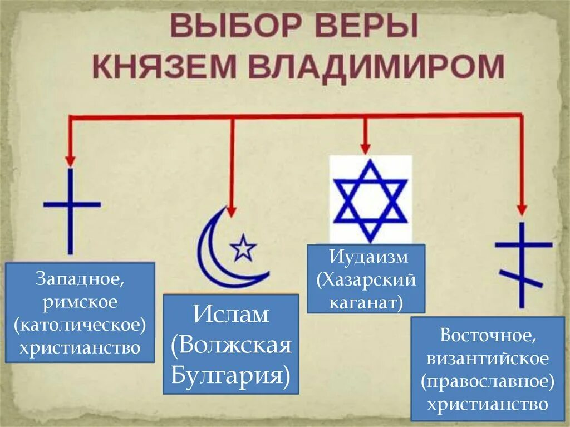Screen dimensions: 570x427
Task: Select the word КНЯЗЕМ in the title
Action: pos(166,67)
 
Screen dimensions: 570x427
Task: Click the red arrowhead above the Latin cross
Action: pos(70,160)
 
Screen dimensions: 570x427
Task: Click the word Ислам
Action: pos(231,316)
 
